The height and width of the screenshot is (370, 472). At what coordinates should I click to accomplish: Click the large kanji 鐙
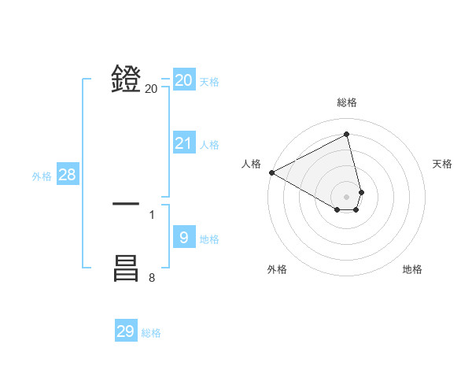[126, 79]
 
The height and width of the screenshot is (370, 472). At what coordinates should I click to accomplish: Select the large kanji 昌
[126, 268]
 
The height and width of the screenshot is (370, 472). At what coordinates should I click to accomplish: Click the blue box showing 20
[184, 80]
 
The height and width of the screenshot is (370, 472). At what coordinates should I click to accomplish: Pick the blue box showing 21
[184, 143]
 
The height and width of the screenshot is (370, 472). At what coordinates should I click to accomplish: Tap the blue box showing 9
[184, 237]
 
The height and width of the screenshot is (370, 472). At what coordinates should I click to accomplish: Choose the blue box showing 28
[67, 175]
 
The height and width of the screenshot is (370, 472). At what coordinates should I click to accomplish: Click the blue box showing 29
[126, 331]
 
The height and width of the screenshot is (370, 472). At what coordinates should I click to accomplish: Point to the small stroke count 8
[152, 277]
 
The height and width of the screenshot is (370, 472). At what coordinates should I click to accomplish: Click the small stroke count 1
[152, 214]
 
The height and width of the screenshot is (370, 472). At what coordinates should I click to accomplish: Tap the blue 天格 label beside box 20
[209, 82]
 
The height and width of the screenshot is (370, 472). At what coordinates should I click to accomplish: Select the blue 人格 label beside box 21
[209, 145]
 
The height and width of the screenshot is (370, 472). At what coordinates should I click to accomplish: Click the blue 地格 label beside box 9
[209, 239]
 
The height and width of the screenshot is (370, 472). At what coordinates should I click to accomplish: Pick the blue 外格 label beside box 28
[42, 176]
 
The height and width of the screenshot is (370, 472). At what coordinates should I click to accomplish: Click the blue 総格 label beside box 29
[151, 333]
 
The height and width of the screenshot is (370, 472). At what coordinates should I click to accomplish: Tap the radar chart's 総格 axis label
[347, 102]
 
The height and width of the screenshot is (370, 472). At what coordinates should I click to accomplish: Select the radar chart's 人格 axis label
[251, 164]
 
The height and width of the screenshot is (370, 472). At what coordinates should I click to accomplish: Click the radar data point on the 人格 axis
[271, 172]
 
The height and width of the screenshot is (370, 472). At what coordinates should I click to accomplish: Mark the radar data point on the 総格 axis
[347, 135]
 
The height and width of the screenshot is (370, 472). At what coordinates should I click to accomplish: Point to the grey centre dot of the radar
[347, 197]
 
